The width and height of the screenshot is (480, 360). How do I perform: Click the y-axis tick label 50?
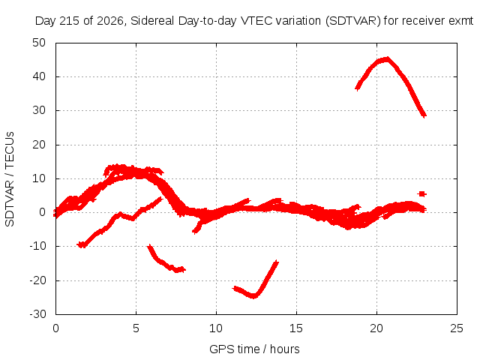(x=39, y=43)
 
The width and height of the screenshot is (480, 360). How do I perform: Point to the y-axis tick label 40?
(x=39, y=76)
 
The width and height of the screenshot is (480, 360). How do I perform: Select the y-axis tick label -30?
(x=38, y=314)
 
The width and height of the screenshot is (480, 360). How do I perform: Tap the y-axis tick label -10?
(x=38, y=246)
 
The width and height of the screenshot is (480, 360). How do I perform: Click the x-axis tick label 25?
(x=457, y=328)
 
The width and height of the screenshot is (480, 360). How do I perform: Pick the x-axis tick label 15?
(x=296, y=328)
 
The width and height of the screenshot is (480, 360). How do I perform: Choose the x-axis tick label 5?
(x=136, y=328)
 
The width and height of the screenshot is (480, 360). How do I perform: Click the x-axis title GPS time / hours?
(x=254, y=349)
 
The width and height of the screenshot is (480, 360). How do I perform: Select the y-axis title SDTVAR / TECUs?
(x=10, y=179)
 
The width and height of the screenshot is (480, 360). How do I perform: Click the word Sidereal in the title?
(x=152, y=21)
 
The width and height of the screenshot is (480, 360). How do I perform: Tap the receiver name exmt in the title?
(x=461, y=21)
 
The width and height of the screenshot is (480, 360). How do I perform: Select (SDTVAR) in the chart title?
(x=353, y=21)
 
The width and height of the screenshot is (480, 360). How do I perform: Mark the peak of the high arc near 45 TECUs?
(x=387, y=58)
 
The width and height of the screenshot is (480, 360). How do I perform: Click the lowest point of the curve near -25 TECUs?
(x=253, y=296)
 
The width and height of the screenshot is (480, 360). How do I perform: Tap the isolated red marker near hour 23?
(x=421, y=193)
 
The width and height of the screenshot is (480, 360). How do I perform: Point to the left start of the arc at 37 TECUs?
(x=357, y=88)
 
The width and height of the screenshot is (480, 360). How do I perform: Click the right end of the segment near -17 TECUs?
(x=184, y=270)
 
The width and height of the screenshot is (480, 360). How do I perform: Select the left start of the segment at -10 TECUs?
(x=79, y=244)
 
